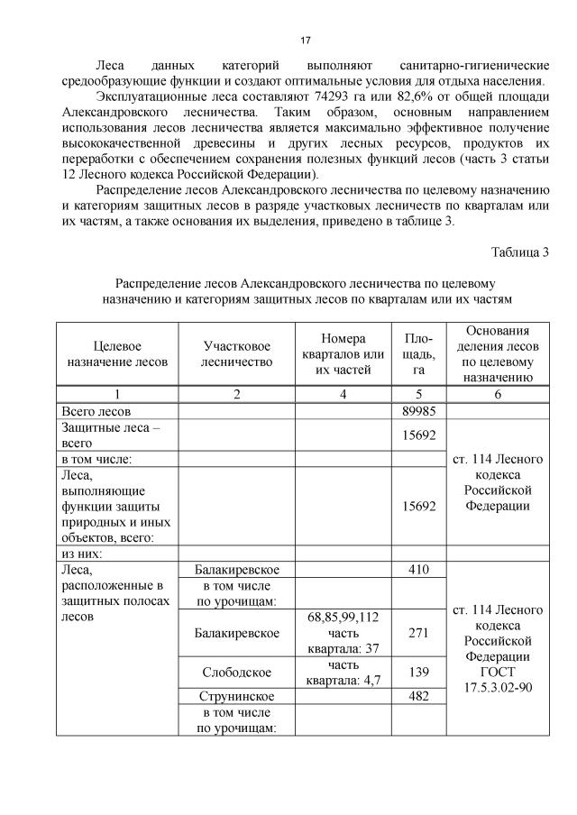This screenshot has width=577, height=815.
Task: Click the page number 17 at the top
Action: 305,41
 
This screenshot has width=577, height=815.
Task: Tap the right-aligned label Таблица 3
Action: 519,251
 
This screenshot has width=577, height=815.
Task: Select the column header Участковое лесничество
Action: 236,353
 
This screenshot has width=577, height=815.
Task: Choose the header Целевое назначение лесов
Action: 117,353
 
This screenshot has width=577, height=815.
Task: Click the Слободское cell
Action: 236,673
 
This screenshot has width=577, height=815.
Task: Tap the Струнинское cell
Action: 236,697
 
